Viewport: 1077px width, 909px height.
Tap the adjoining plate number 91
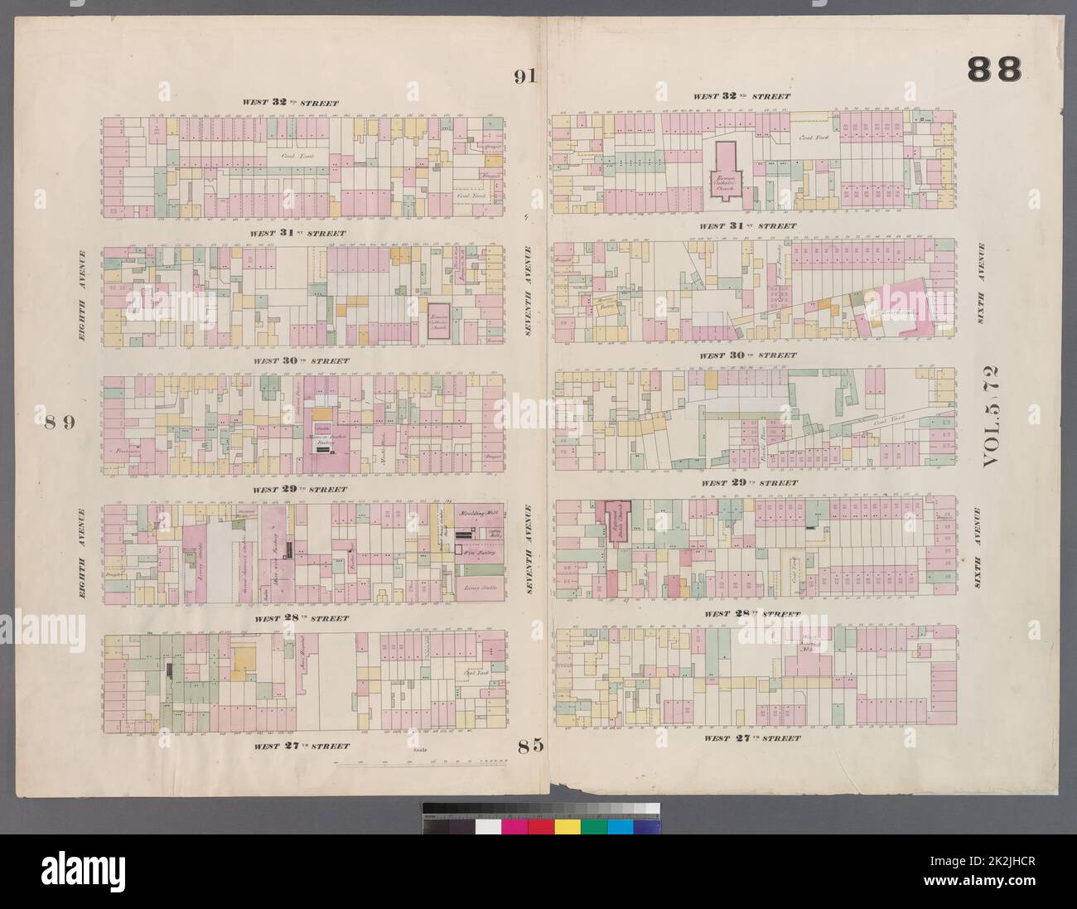524,77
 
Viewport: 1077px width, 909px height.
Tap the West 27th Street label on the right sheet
753,737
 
